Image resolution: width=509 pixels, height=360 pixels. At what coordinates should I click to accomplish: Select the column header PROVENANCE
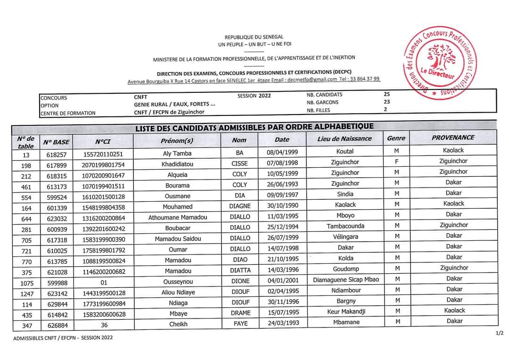453,138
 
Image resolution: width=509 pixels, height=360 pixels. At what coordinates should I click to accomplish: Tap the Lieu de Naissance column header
345,139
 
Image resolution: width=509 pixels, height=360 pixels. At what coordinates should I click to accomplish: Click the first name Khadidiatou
178,164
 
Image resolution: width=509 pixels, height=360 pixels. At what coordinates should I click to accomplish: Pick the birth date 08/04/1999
283,153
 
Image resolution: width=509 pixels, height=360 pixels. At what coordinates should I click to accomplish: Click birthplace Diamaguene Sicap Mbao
345,279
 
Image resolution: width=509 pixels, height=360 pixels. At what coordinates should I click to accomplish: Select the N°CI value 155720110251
103,154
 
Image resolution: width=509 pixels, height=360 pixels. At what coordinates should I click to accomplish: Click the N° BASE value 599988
57,283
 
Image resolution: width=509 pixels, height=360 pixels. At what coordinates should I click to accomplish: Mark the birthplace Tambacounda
345,226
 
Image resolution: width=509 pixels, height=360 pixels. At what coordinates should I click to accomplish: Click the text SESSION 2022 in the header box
254,96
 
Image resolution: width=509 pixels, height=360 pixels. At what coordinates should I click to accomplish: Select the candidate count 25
387,94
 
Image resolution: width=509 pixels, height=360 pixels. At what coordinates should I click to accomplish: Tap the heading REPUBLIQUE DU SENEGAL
254,37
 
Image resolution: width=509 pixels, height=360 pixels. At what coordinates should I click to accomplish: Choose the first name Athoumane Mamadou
178,218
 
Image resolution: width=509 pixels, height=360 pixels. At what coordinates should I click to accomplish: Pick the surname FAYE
240,324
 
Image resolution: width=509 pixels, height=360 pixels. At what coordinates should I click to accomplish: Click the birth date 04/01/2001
283,280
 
